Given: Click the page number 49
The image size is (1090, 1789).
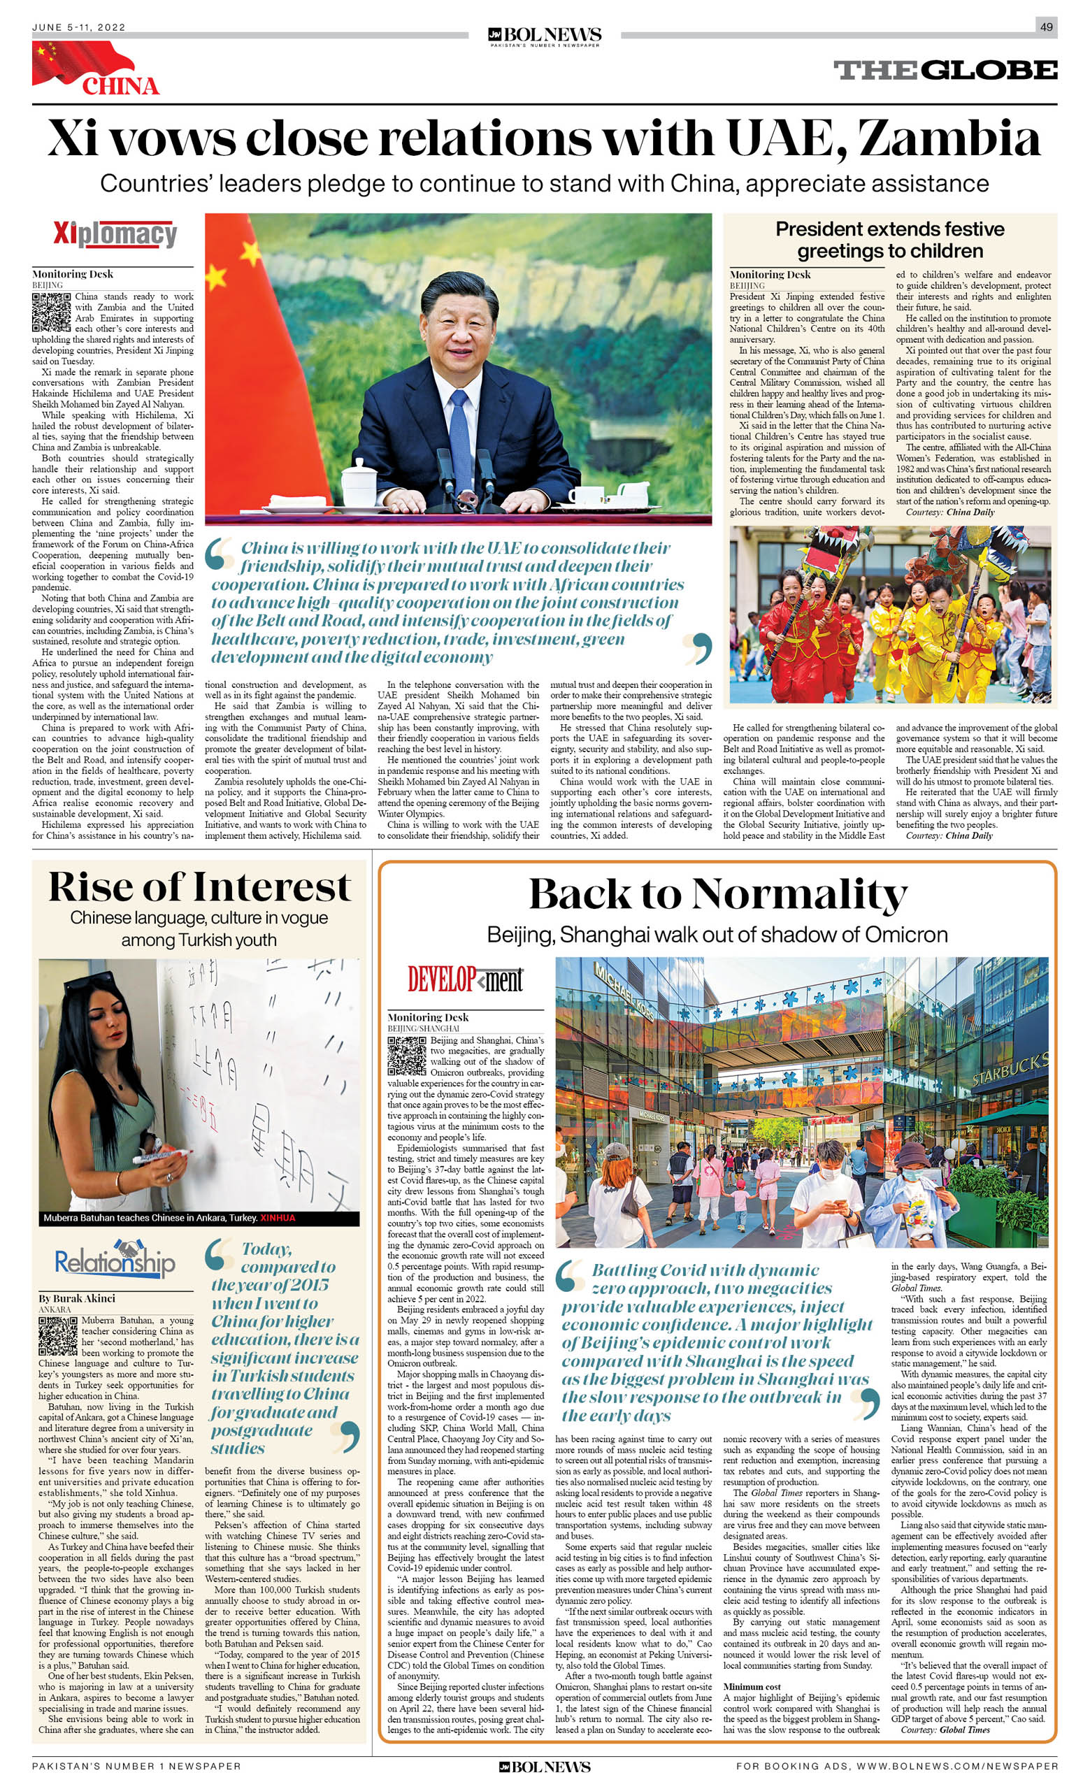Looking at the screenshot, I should (1047, 27).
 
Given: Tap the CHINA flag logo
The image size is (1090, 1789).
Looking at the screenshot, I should (94, 69).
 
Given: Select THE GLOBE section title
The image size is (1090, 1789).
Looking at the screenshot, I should (945, 71).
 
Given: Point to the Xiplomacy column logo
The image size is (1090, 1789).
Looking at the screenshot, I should (115, 234).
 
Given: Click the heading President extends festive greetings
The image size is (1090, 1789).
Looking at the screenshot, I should (889, 240).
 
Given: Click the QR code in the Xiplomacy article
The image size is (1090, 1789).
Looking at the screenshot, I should (51, 312).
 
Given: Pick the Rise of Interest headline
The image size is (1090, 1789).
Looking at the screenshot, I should (200, 887).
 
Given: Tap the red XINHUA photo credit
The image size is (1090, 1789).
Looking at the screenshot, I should (278, 1218).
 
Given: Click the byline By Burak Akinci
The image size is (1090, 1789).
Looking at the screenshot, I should (77, 1298).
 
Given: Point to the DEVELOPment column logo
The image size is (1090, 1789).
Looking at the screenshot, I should (465, 979).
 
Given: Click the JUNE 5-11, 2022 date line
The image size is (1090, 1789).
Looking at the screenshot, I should (79, 27).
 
